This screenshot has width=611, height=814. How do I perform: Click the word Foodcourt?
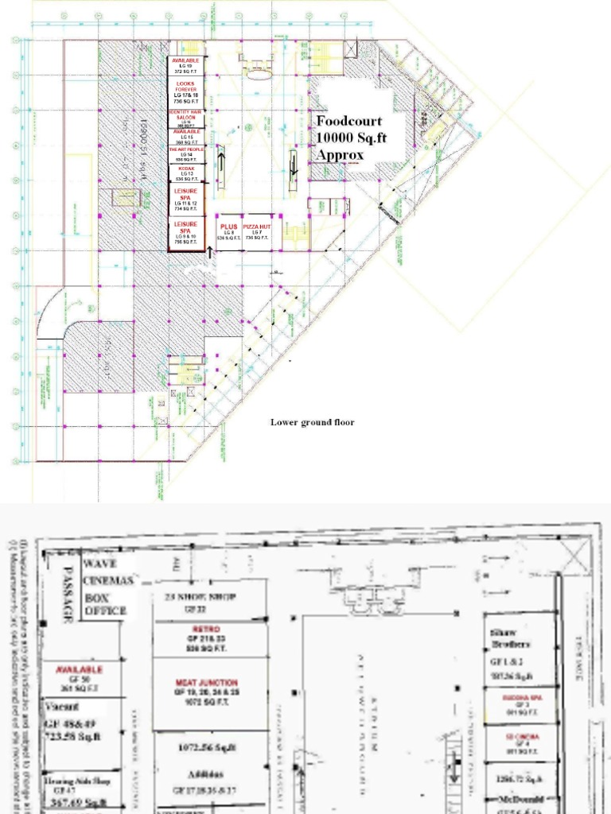tap(349, 122)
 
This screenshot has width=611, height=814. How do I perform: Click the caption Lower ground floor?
tap(312, 422)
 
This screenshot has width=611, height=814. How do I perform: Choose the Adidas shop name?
tap(206, 773)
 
